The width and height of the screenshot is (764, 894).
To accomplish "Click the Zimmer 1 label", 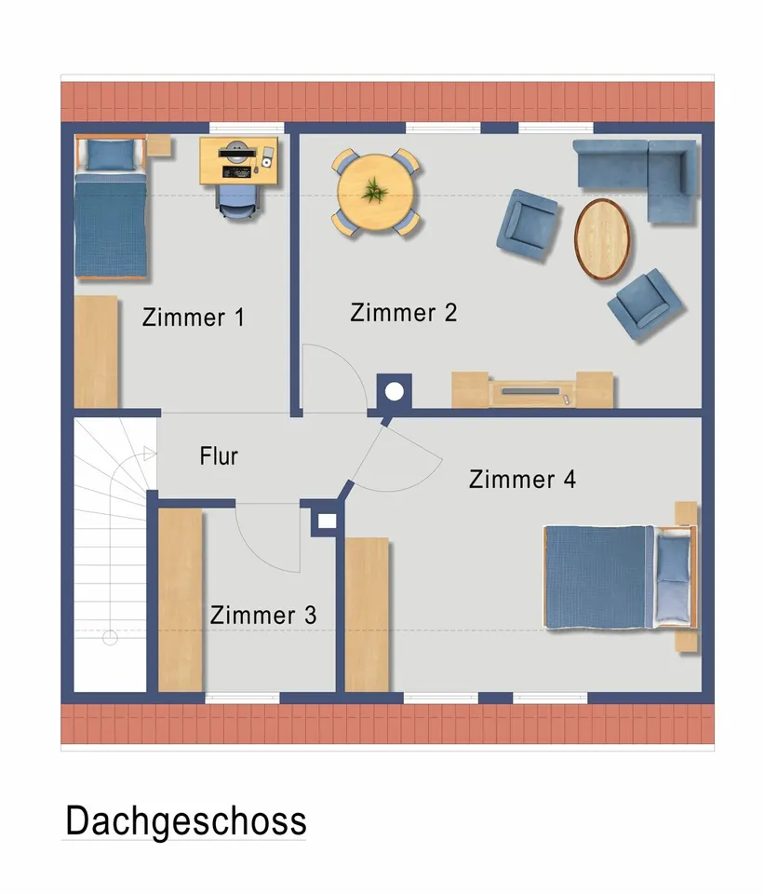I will tap(193, 318).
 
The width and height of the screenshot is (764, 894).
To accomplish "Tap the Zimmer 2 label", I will tap(403, 313).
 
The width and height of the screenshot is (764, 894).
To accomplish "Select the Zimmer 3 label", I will tap(262, 615).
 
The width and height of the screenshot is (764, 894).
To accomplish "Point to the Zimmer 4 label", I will tap(522, 480).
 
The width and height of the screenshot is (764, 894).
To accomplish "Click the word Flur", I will tap(219, 456).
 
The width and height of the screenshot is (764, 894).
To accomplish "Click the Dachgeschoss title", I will tap(185, 821).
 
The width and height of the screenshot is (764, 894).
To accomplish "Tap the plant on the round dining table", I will tap(376, 191).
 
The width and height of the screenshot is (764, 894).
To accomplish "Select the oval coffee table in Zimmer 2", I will tap(604, 238).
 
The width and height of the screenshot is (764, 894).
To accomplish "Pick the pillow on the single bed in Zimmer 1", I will tap(110, 156).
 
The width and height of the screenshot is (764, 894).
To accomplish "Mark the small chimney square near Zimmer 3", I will tap(325, 522).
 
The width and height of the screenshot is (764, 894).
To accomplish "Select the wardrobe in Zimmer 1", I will tap(96, 351).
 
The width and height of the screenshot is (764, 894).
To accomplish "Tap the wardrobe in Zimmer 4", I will tap(367, 614).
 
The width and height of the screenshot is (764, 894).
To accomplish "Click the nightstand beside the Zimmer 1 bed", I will tap(157, 144).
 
